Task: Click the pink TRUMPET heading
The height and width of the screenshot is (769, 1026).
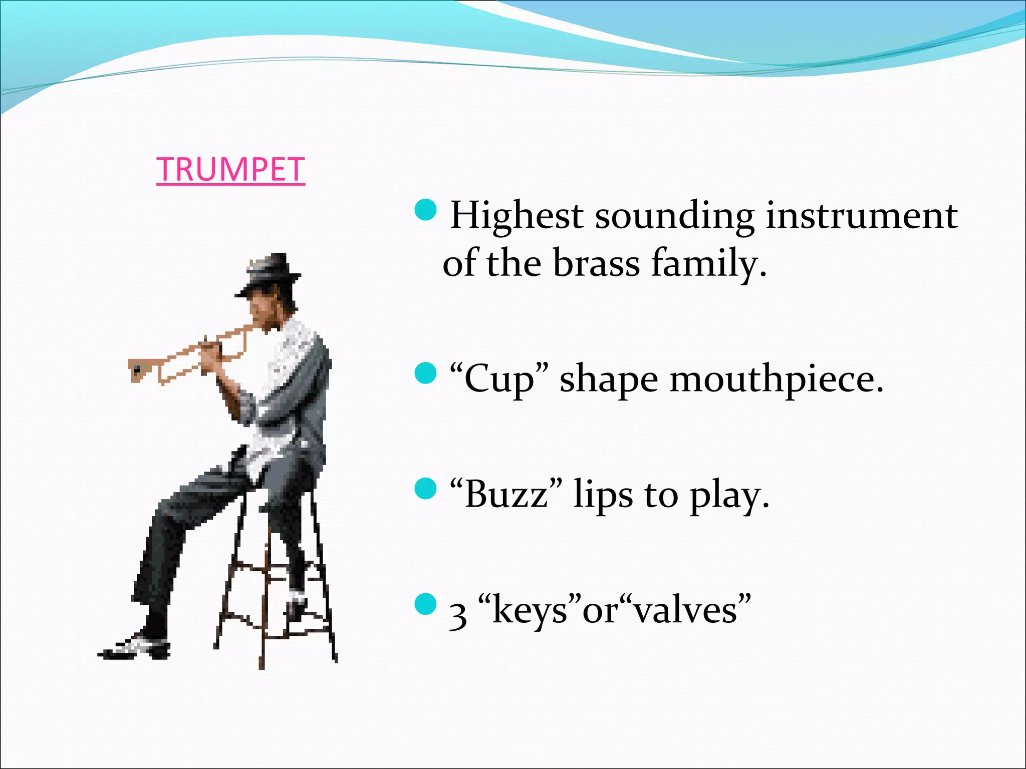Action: click(x=230, y=170)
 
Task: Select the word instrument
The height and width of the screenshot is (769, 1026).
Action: click(x=862, y=216)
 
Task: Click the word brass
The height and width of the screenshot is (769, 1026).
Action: click(x=596, y=264)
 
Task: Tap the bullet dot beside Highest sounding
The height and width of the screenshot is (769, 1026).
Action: click(x=426, y=210)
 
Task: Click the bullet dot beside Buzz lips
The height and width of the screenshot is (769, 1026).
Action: click(x=426, y=489)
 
